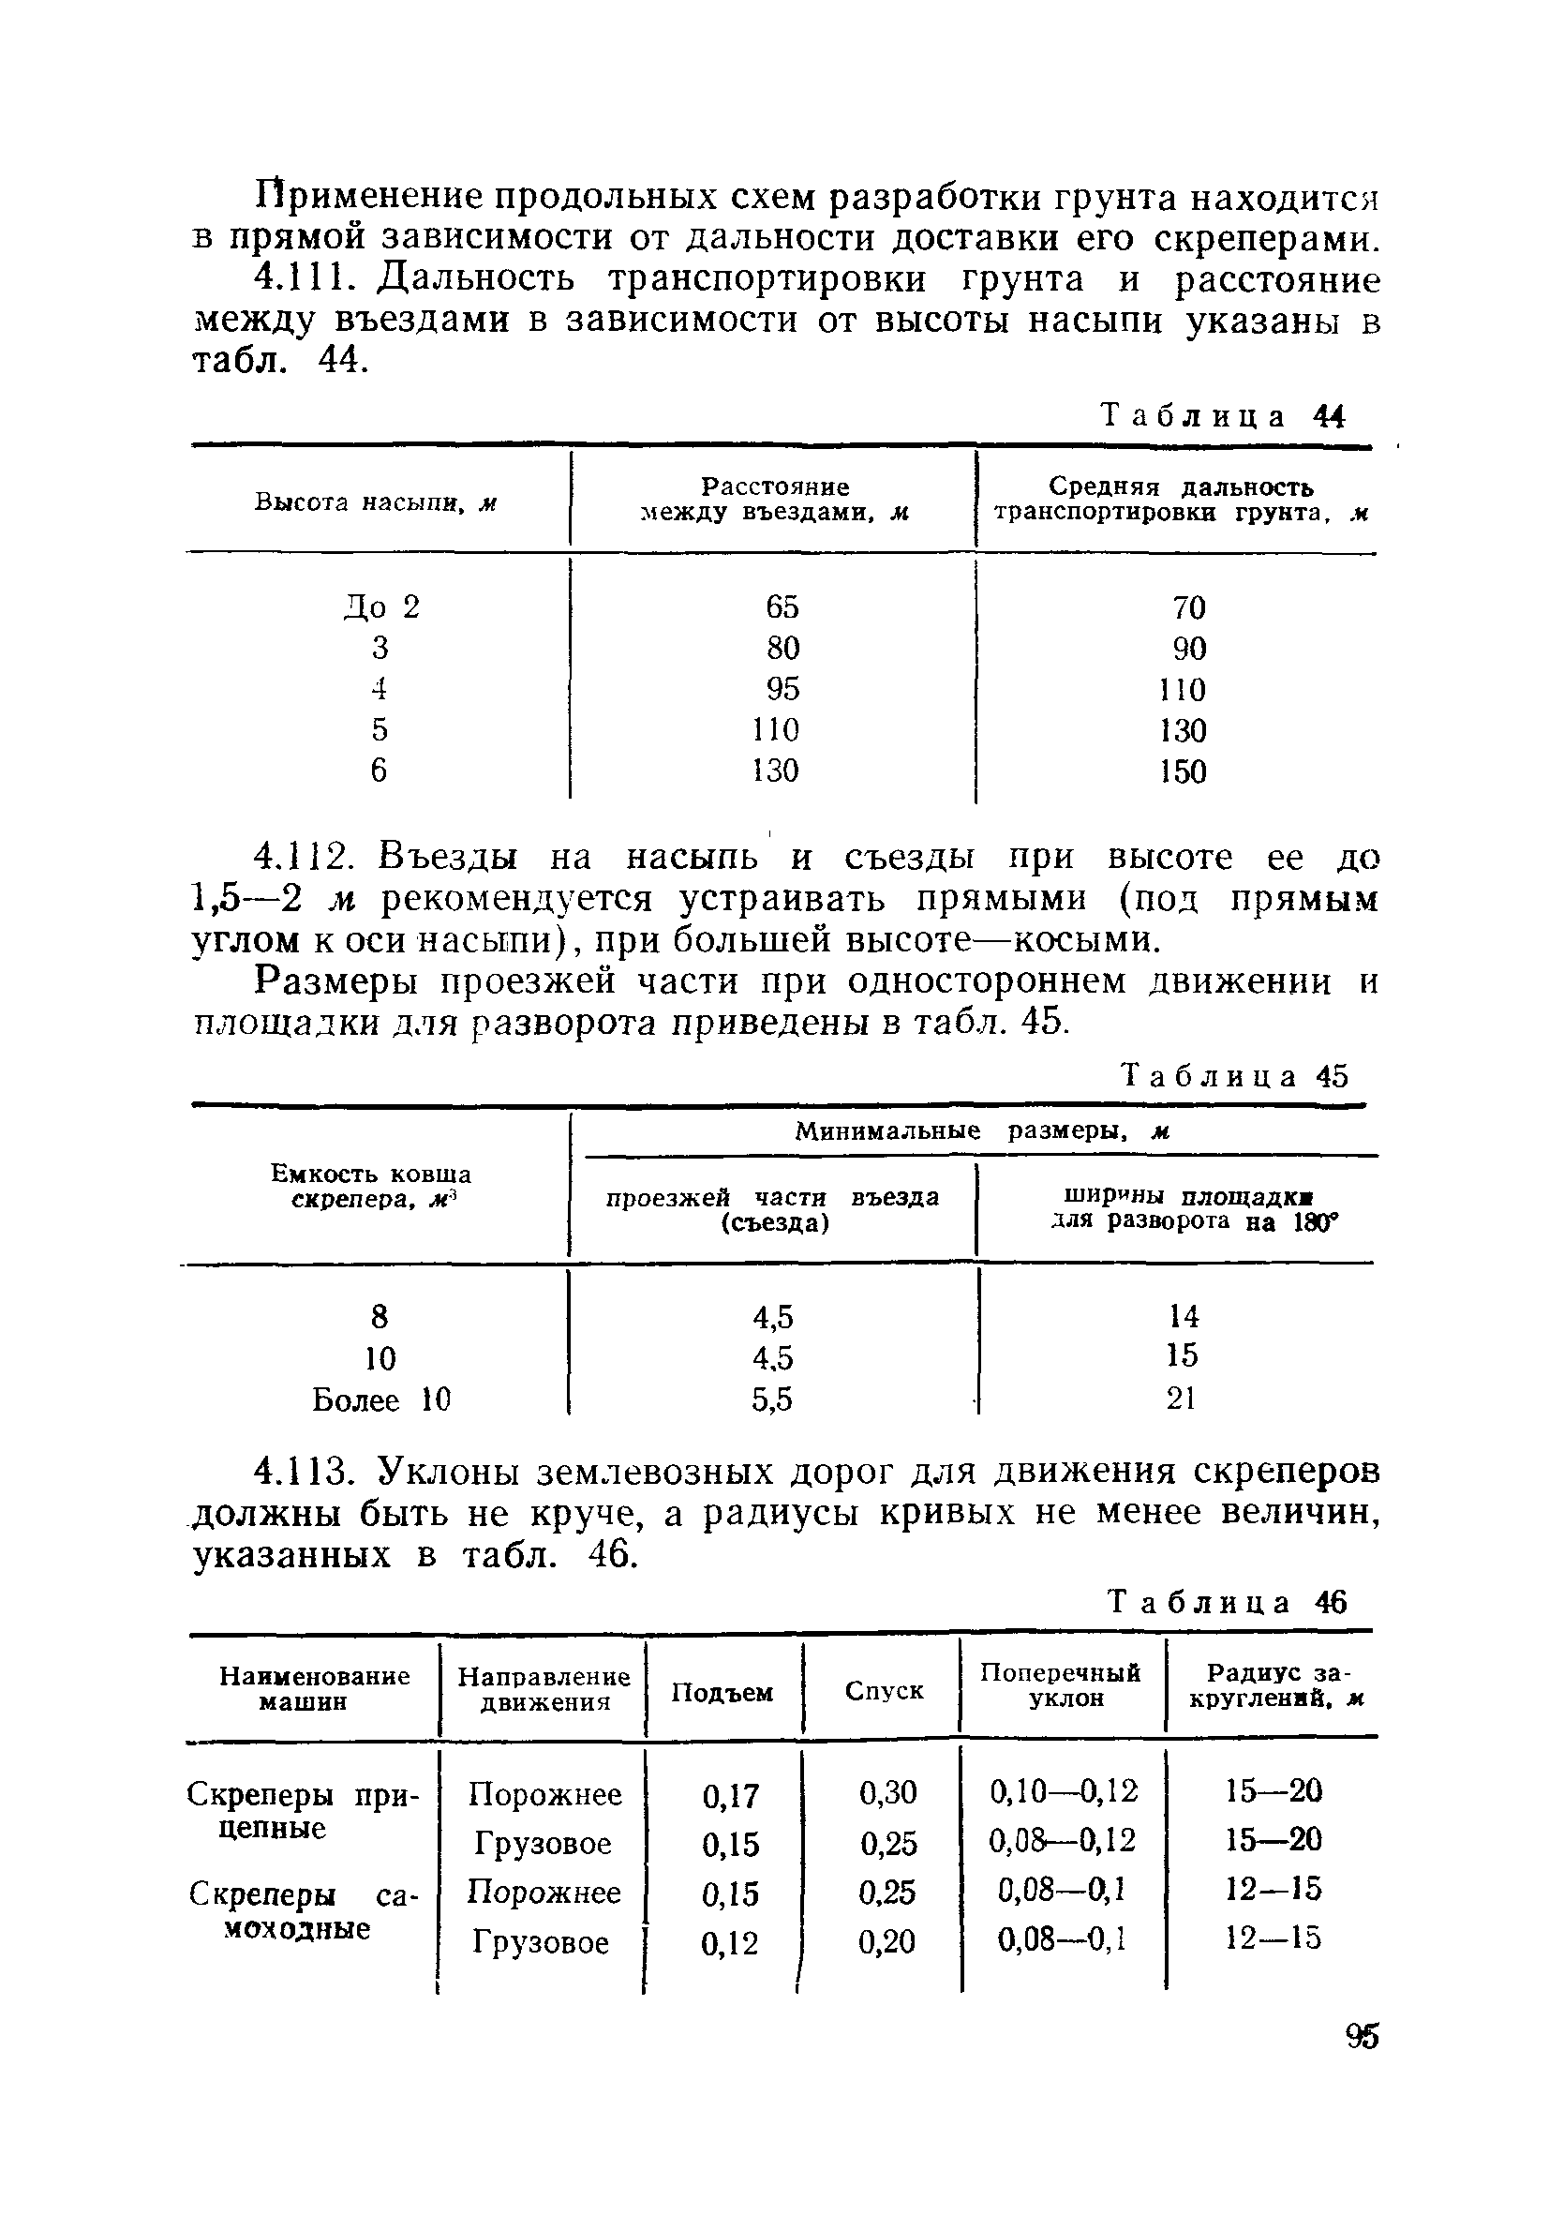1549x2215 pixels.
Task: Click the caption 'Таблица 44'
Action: tap(1222, 416)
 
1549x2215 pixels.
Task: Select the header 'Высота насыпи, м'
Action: tap(375, 502)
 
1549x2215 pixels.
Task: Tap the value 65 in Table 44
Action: tap(782, 606)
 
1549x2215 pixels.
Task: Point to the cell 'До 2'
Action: tap(382, 607)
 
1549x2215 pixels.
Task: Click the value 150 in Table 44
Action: tap(1183, 771)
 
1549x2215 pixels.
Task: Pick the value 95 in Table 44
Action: tap(782, 689)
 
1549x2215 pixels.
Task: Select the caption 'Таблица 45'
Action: tap(1235, 1076)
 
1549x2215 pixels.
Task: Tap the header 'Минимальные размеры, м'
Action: tap(981, 1130)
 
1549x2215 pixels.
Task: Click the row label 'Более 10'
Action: tap(381, 1399)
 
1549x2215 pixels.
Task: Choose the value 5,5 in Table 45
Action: tap(771, 1399)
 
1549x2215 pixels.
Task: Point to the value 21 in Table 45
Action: tap(1182, 1398)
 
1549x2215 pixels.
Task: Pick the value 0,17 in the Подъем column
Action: tap(730, 1795)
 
